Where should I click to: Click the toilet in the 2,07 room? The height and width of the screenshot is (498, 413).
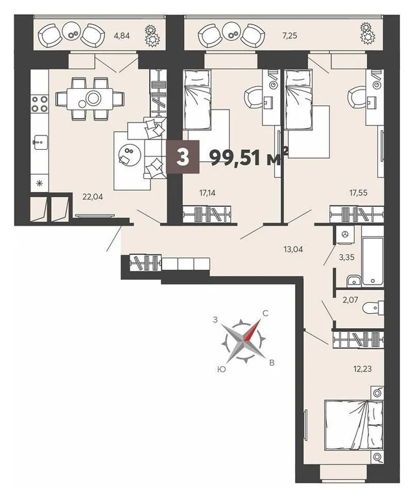372,307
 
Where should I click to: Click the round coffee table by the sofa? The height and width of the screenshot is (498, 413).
128,154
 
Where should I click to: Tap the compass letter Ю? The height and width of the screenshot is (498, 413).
222,368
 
